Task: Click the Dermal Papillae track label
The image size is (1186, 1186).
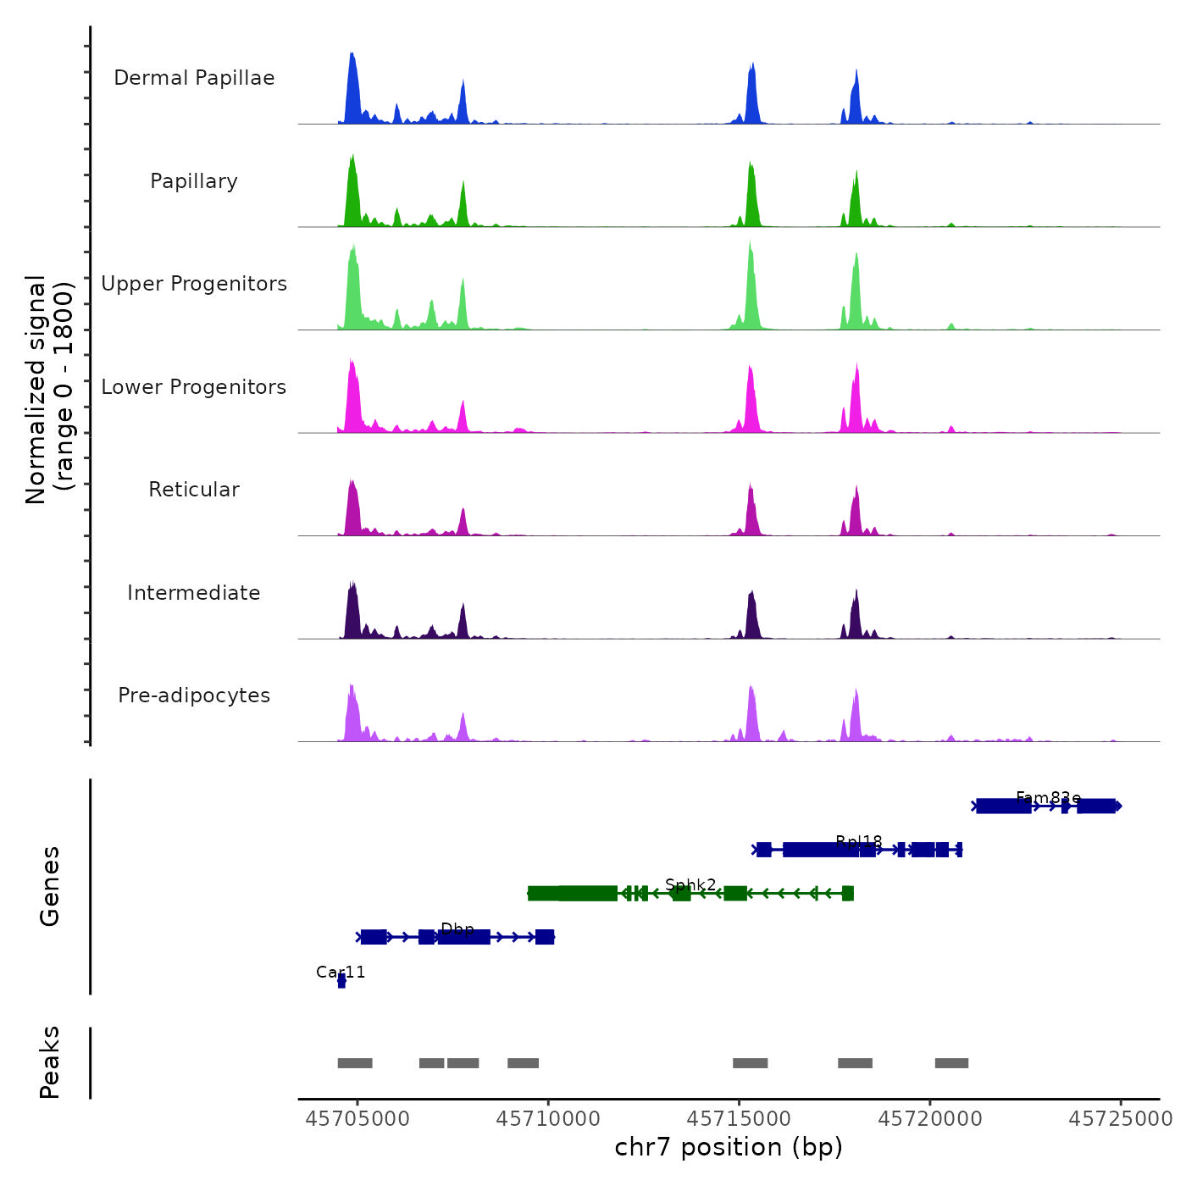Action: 194,78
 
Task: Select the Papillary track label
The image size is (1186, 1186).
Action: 194,181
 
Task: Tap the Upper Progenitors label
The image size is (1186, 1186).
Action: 194,284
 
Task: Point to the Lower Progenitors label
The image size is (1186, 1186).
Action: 194,387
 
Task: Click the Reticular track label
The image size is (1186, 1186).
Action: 194,490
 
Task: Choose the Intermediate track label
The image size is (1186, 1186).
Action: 194,593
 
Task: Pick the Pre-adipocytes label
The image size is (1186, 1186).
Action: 194,696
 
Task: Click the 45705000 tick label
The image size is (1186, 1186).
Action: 357,1119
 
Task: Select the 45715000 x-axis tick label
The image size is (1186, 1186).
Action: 739,1119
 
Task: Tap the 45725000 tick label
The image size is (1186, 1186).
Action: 1120,1119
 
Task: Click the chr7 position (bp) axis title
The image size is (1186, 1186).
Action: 729,1147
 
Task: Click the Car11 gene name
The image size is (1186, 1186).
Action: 341,972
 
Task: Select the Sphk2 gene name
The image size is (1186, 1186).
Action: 690,884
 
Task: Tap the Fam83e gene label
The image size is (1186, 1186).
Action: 1048,797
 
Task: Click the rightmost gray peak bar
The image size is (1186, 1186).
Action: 951,1063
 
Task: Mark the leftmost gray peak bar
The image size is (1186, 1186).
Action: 355,1063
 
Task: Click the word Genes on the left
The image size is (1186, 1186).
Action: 50,886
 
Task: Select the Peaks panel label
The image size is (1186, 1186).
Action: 50,1062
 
